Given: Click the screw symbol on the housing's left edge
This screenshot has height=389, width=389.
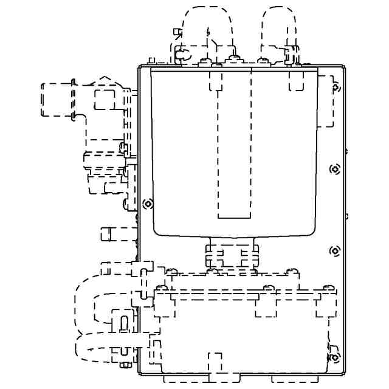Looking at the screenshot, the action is [x=146, y=204].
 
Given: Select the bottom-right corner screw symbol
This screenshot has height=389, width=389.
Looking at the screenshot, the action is [x=334, y=357].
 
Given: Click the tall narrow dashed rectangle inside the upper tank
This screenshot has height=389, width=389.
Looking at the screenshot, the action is [x=234, y=146].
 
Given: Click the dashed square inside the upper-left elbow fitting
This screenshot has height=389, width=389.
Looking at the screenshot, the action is [x=104, y=99].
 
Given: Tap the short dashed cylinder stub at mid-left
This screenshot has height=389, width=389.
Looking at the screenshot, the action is [x=107, y=233].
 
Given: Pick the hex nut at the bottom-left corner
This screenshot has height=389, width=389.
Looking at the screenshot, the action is [x=126, y=365].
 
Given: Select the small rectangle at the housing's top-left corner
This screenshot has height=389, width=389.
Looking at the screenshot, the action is [x=151, y=60].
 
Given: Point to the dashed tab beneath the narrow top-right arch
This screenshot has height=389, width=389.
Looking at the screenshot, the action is [x=296, y=81].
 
